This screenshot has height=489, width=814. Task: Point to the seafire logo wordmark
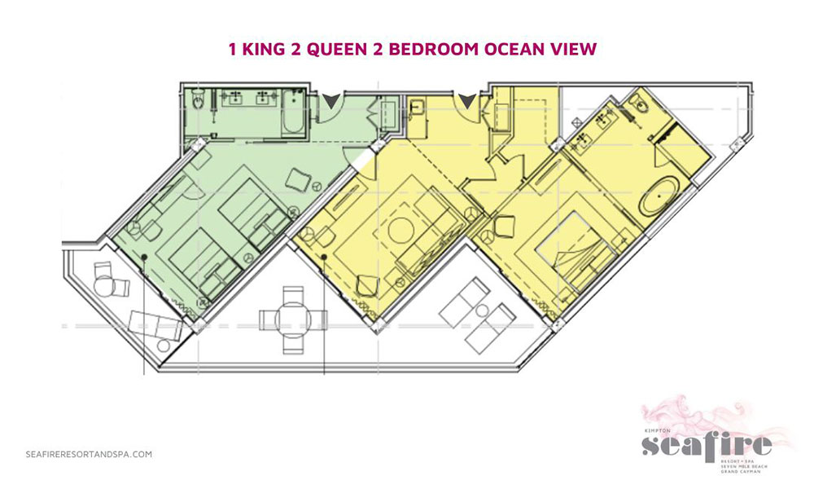(x=706, y=445)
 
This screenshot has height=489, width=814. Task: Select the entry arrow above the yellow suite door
(x=466, y=101)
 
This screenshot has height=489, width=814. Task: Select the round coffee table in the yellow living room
(x=401, y=231)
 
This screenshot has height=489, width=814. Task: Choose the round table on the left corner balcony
(x=104, y=286)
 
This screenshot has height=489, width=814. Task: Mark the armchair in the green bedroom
(x=297, y=180)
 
